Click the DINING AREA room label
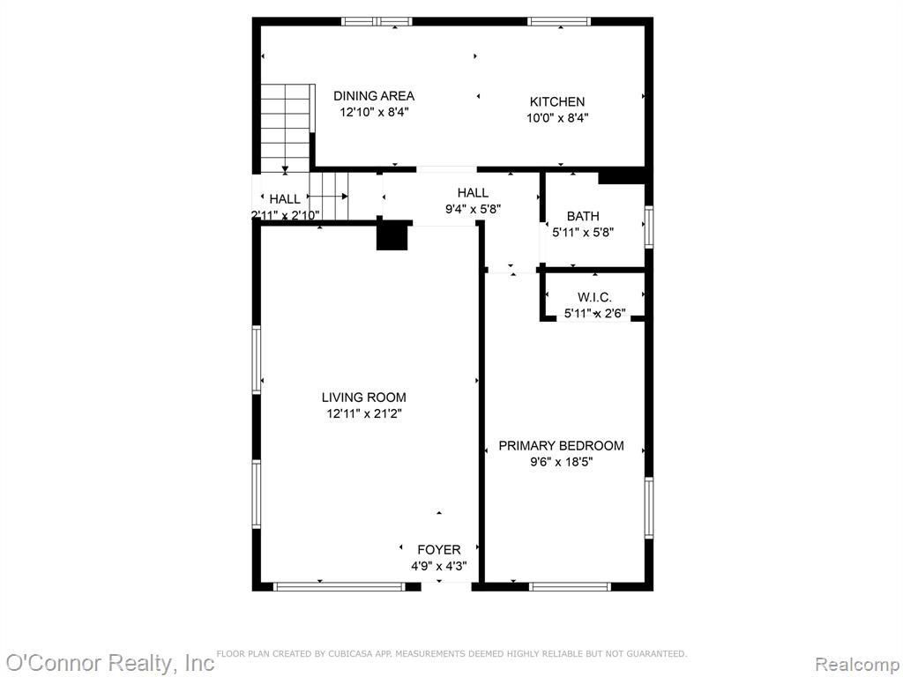[374, 95]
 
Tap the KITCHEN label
[557, 102]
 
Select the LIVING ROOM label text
[363, 398]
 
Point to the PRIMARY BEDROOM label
[561, 445]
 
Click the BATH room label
[583, 217]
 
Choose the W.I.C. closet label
[594, 298]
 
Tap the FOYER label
[439, 550]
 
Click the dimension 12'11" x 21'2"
[364, 413]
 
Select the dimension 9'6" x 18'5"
[562, 462]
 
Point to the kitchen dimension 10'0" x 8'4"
[557, 118]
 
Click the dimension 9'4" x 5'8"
[473, 209]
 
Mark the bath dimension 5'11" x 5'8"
[583, 233]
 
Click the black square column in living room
[392, 236]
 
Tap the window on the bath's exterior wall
[648, 227]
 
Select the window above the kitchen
[559, 22]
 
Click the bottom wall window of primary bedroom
[570, 586]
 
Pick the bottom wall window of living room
[340, 586]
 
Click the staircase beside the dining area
[287, 128]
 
